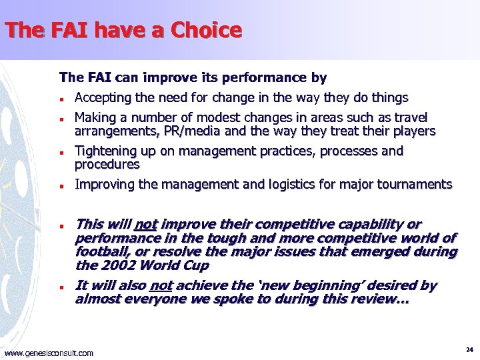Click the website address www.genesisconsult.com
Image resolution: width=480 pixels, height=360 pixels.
[49, 353]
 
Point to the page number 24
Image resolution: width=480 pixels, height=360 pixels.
[469, 349]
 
